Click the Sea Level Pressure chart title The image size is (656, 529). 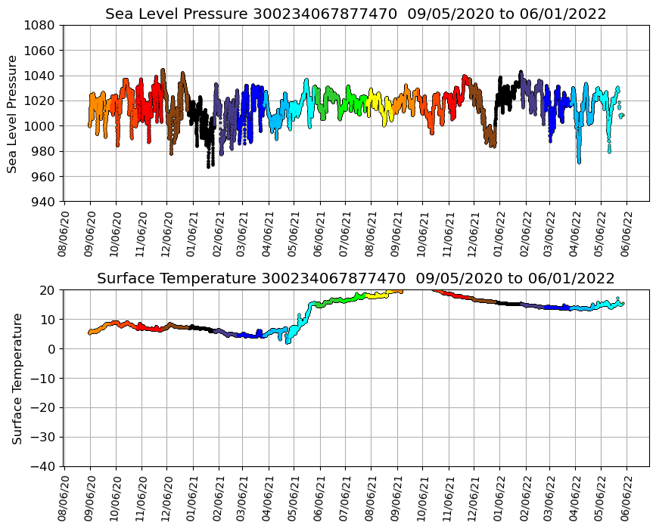point(356,14)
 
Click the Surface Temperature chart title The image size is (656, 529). point(356,279)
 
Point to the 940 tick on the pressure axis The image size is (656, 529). point(42,202)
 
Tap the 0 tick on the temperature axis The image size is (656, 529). point(52,349)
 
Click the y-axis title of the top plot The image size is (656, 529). point(12,113)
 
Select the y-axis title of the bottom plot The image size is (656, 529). point(17,378)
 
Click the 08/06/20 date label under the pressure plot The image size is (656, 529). point(65,233)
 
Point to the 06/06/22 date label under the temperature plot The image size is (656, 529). point(627,497)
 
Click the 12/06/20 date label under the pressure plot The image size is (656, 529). point(167,233)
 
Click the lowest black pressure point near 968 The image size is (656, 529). point(209,166)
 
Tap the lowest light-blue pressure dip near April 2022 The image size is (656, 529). point(579,161)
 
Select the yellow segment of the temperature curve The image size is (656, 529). point(378,295)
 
